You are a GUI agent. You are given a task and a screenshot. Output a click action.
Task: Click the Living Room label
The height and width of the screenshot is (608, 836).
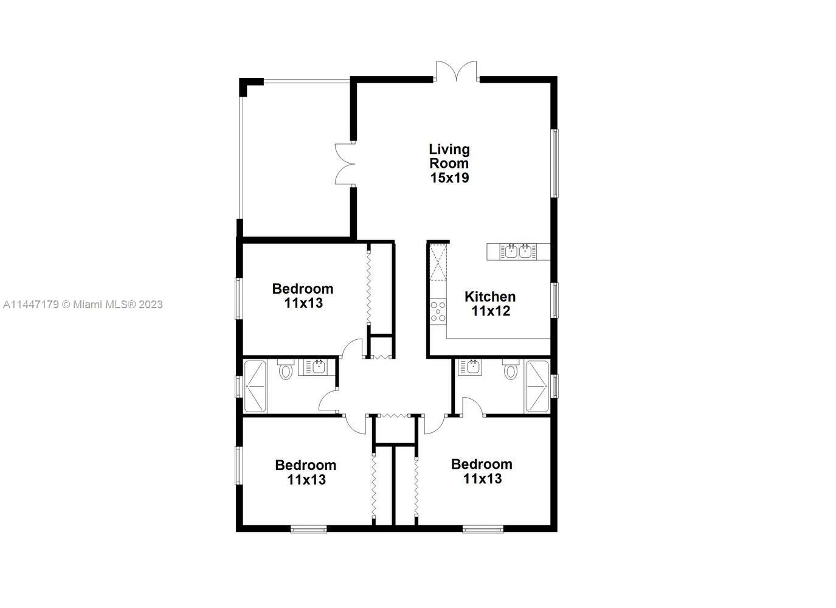pyautogui.click(x=449, y=164)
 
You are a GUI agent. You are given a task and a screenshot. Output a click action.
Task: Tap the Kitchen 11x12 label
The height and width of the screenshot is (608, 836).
pyautogui.click(x=490, y=304)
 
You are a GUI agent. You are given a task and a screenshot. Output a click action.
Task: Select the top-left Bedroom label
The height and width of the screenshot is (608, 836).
pyautogui.click(x=303, y=295)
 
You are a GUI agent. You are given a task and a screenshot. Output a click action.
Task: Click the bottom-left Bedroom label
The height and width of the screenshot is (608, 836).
pyautogui.click(x=306, y=472)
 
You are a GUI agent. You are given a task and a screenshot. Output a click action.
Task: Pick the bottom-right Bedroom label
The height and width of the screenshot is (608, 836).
pyautogui.click(x=482, y=471)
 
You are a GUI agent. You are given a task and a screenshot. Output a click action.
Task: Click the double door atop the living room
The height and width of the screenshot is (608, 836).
pyautogui.click(x=456, y=71)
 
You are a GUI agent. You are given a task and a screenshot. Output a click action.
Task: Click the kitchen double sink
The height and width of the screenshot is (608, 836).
pyautogui.click(x=518, y=251)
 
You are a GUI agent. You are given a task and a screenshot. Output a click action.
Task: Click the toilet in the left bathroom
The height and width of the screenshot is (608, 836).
pyautogui.click(x=286, y=370)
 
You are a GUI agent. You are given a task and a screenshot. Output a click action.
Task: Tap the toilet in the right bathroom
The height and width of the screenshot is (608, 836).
pyautogui.click(x=511, y=370)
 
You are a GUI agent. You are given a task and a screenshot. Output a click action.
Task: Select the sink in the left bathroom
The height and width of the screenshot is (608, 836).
pyautogui.click(x=317, y=367)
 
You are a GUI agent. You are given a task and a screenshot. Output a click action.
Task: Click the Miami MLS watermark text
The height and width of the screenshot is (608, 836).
pyautogui.click(x=83, y=305)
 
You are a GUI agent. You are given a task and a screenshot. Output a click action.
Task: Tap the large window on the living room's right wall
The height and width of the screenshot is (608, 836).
pyautogui.click(x=554, y=163)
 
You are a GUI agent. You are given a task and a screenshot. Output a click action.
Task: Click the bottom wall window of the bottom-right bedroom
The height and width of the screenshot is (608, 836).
pyautogui.click(x=483, y=529)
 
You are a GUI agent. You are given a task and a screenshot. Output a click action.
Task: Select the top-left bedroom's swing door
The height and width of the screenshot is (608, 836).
pyautogui.click(x=351, y=350)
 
